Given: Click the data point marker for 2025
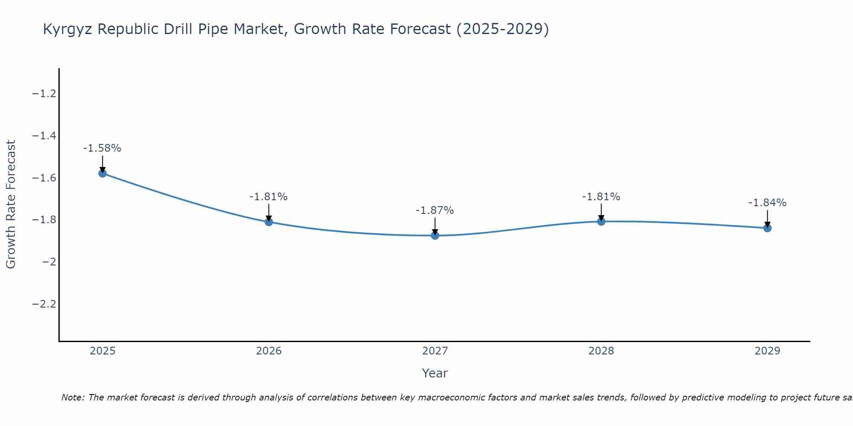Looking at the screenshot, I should click(x=102, y=173).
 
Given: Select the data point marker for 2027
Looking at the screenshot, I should click(x=435, y=236).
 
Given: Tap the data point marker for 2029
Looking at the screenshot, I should click(x=767, y=228).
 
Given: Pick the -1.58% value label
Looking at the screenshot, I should click(x=102, y=148).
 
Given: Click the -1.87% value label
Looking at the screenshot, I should click(x=435, y=210).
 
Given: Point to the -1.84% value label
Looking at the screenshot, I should click(x=767, y=203).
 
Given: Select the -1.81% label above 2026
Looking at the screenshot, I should click(x=269, y=197).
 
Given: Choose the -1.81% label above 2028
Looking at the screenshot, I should click(x=601, y=197).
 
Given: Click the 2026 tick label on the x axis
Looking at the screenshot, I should click(x=269, y=351).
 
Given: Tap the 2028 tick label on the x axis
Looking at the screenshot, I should click(x=601, y=351).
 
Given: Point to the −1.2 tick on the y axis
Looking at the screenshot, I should click(x=44, y=94).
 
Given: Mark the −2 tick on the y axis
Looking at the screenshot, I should click(x=49, y=262).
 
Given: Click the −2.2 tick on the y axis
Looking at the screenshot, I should click(x=44, y=304).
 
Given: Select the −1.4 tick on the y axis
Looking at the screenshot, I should click(x=44, y=136).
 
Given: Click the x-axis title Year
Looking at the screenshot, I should click(x=435, y=374).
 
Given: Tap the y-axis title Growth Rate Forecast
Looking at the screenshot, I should click(x=11, y=204).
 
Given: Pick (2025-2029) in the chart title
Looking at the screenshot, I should click(x=502, y=29).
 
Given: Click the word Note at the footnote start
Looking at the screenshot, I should click(x=73, y=398).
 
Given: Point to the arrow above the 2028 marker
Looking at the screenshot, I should click(x=601, y=212).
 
